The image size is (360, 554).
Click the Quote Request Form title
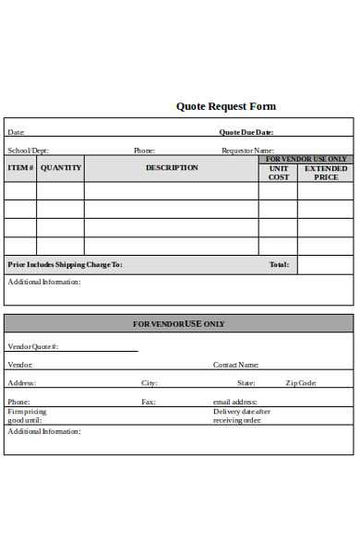(x=225, y=106)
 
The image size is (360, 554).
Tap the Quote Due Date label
(x=247, y=132)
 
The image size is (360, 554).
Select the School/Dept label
(x=29, y=151)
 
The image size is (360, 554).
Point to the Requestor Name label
(x=247, y=151)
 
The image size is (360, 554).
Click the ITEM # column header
(x=20, y=168)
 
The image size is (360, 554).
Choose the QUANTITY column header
(x=61, y=168)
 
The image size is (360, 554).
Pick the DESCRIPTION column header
(x=172, y=168)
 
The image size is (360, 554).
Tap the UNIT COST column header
(x=279, y=173)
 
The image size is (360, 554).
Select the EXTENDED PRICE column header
(x=326, y=173)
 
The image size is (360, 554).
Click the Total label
(x=279, y=265)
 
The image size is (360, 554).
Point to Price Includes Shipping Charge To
(x=65, y=265)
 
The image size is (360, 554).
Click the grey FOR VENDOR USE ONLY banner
(x=179, y=324)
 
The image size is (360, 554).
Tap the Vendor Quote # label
(x=33, y=346)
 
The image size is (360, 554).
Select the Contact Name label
(x=236, y=365)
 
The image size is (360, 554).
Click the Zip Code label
(x=302, y=382)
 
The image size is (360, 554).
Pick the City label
(x=150, y=382)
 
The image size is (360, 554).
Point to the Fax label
(x=148, y=402)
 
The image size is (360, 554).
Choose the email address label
(x=234, y=402)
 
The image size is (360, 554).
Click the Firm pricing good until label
(x=28, y=415)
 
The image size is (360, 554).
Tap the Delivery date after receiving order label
(x=242, y=415)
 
